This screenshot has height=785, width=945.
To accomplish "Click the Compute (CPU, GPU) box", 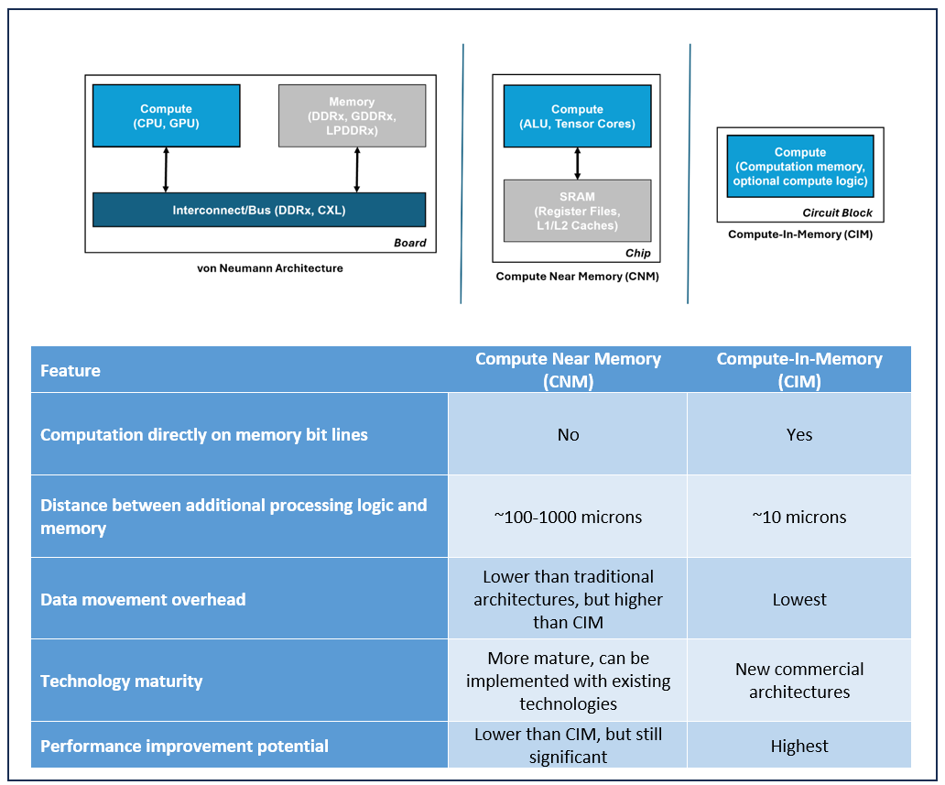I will [166, 115].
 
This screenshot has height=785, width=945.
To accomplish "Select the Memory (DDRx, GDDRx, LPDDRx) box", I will [352, 115].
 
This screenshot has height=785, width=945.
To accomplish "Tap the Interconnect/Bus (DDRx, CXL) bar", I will [259, 210].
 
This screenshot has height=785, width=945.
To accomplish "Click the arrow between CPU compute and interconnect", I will [166, 169].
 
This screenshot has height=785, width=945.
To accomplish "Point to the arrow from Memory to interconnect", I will [357, 169].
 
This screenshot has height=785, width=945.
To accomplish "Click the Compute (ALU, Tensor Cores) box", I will [577, 116].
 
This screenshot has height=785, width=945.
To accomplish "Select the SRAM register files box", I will [577, 211].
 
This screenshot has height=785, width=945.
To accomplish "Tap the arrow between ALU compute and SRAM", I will [577, 163].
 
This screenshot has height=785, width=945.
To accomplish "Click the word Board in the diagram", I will [409, 243].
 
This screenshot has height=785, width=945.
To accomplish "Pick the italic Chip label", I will [637, 254].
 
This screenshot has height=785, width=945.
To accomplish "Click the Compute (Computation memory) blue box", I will [799, 167].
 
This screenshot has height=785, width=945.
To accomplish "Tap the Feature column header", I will [71, 371].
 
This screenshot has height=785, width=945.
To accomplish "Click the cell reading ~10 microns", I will [798, 517].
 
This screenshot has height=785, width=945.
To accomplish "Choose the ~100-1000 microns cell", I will [568, 517].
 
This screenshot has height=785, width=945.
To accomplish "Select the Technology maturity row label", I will [122, 681].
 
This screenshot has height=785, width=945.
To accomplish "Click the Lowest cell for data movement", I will [798, 599].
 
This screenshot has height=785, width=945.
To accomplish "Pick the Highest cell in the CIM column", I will [798, 746].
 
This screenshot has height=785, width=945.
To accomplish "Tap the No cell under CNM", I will [568, 434].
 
